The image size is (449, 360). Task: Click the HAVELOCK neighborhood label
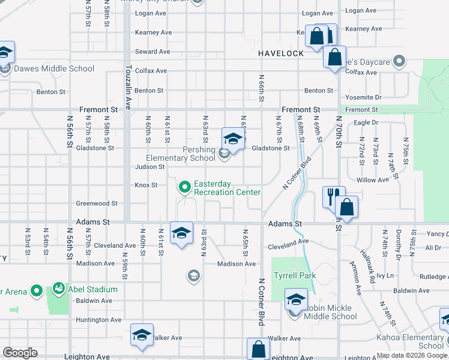coord(281,53)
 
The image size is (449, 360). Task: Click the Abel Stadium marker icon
coord(59,289)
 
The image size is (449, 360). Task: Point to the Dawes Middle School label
coord(54,68)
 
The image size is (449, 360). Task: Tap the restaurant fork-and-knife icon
coord(333,196)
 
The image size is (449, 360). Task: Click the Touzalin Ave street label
coord(128,89)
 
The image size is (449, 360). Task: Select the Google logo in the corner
coord(20,353)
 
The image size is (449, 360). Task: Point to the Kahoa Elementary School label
coord(414,341)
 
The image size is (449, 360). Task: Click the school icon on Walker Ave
coord(142,334)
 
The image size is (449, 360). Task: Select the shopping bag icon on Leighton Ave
coord(258,349)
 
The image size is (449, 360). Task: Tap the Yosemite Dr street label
coord(363,97)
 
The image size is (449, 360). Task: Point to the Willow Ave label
coord(372,180)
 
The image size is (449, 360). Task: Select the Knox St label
coord(146,185)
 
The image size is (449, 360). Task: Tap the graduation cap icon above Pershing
coord(233,139)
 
